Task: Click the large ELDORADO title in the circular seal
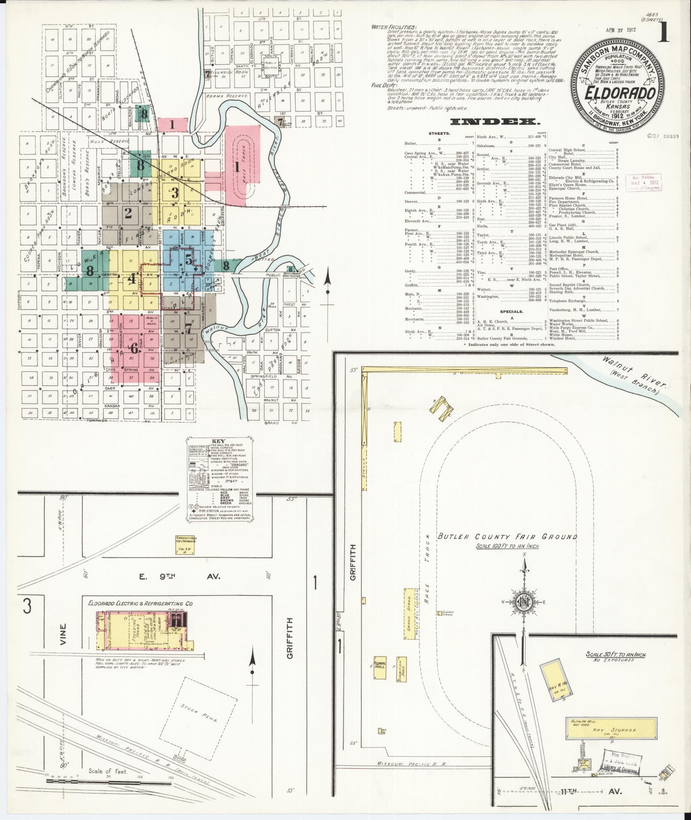coord(616,93)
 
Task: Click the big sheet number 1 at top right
coord(664,35)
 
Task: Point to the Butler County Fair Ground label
coord(507,537)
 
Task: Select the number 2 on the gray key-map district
coord(128,213)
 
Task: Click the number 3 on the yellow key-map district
coord(175,192)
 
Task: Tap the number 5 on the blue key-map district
coord(189,259)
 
